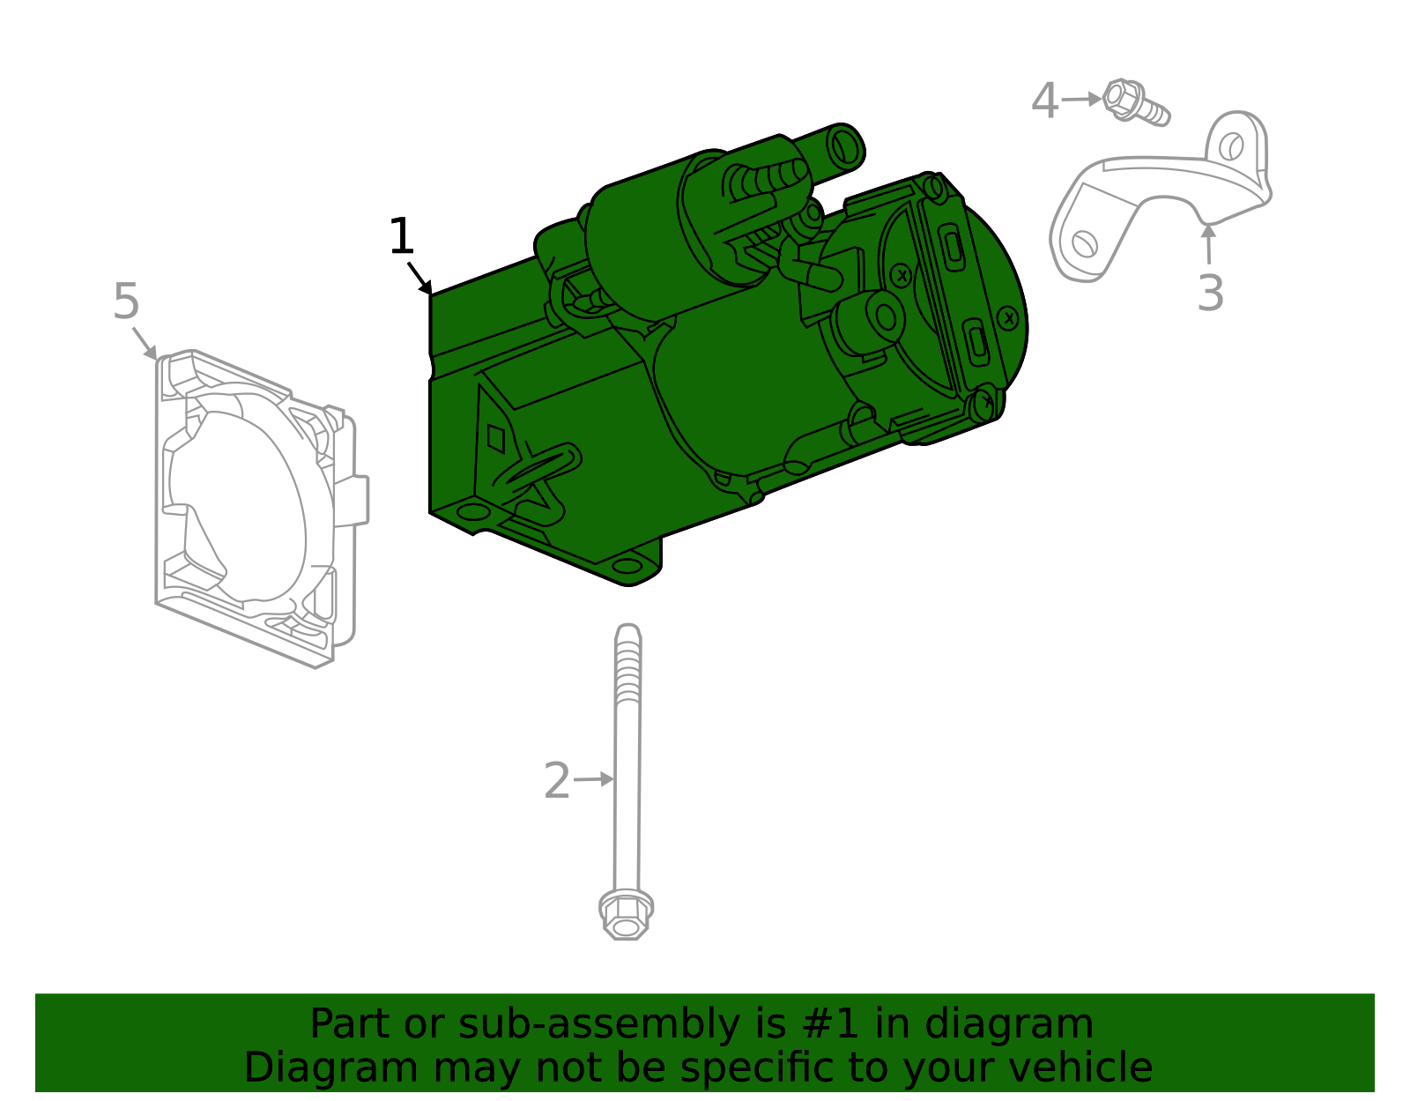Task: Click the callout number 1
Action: click(x=401, y=237)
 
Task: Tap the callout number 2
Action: click(x=557, y=781)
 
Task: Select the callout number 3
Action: click(x=1210, y=294)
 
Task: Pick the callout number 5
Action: click(x=126, y=302)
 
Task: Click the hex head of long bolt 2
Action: click(x=626, y=914)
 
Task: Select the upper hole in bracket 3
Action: click(x=1232, y=145)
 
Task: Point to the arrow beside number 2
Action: click(x=596, y=779)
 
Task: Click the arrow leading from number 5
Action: click(x=144, y=342)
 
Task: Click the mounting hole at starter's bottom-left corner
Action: click(x=473, y=512)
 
